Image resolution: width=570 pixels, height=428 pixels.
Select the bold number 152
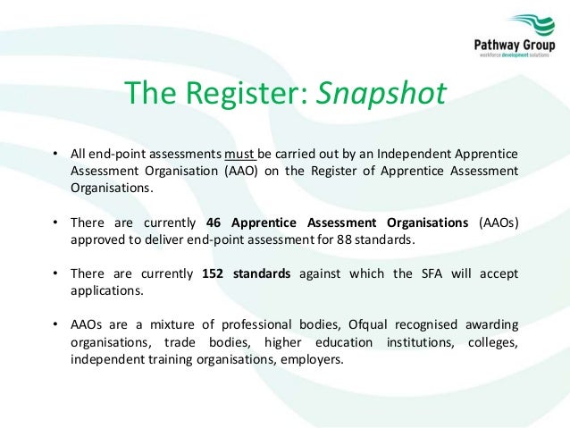(214, 274)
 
